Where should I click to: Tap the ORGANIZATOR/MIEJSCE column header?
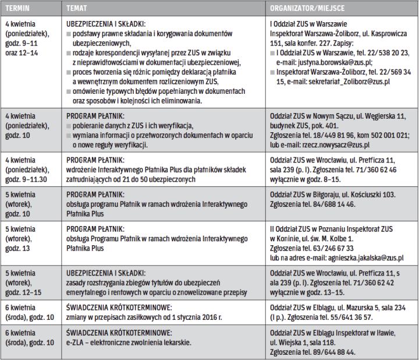[x=308, y=9]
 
